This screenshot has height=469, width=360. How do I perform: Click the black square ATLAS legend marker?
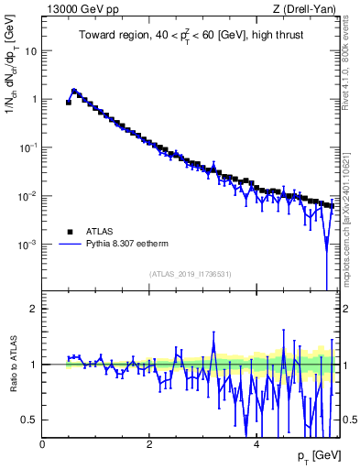click(66, 233)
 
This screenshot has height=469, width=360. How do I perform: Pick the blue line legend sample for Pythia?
click(66, 245)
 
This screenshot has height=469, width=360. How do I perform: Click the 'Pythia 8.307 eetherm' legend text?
click(119, 245)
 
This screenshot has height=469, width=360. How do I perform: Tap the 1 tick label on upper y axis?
click(35, 99)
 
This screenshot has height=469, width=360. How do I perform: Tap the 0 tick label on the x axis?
click(43, 443)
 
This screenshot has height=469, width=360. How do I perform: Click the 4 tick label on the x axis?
click(256, 443)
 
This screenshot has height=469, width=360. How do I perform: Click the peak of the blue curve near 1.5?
click(74, 91)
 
